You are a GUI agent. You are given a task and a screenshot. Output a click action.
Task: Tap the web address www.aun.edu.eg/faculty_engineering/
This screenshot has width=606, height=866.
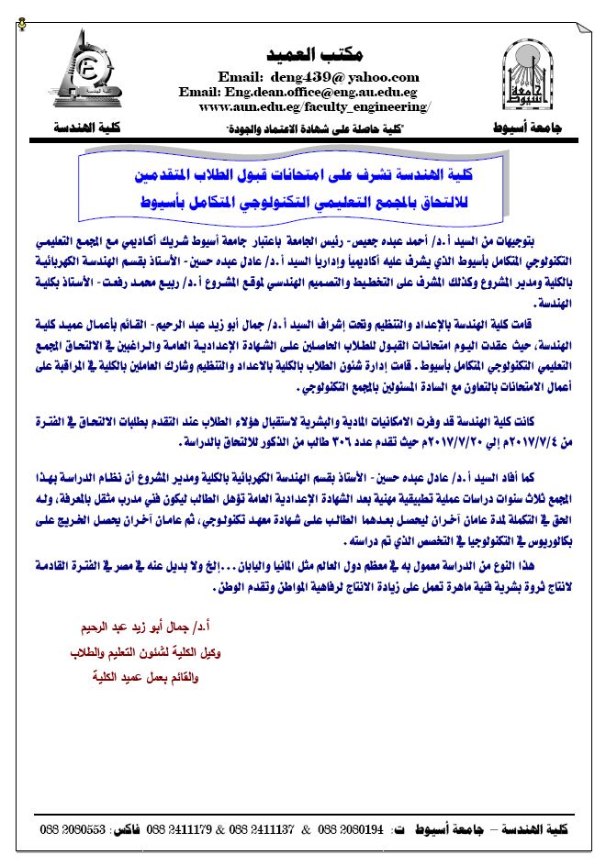pos(313,106)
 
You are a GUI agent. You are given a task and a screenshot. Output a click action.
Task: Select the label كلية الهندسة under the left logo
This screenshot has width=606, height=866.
pos(74,126)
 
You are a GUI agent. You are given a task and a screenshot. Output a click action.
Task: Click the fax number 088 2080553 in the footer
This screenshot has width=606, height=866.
pos(73,829)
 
